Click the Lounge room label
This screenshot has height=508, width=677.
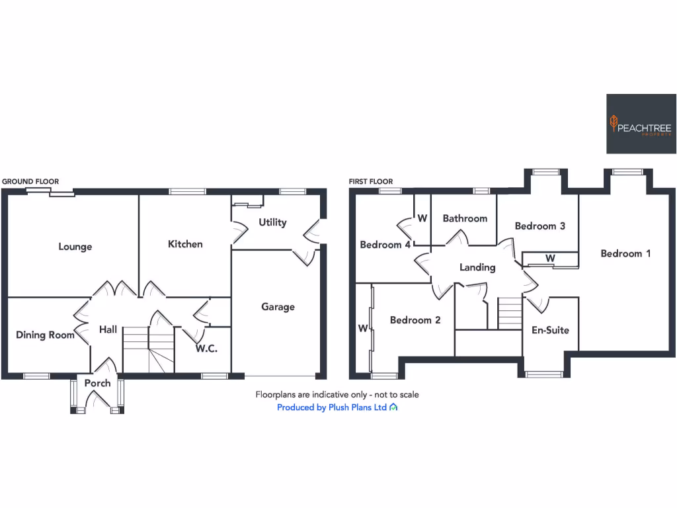(x=75, y=247)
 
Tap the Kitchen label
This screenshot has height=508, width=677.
(x=185, y=244)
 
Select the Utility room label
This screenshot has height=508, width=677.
(x=272, y=222)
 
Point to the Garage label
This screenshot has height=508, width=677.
(x=278, y=307)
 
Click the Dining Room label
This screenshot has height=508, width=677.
(x=45, y=335)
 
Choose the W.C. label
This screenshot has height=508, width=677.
(x=206, y=349)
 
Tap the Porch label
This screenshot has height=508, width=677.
(x=97, y=383)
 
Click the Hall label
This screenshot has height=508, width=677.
(x=108, y=329)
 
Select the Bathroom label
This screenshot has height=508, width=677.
(x=465, y=218)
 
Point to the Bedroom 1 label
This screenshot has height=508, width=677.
(x=625, y=253)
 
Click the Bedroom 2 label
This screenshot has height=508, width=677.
(x=415, y=320)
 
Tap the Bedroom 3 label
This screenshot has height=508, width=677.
(x=539, y=226)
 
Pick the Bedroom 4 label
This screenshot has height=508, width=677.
(x=385, y=245)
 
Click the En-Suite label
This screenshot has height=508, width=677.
(x=550, y=330)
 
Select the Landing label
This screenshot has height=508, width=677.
(x=477, y=267)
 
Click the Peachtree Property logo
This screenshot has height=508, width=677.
(x=641, y=124)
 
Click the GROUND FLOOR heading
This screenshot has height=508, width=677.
(x=30, y=181)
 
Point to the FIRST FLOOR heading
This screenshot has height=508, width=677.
(x=371, y=181)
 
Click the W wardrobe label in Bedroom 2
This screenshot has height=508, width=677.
(x=362, y=328)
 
